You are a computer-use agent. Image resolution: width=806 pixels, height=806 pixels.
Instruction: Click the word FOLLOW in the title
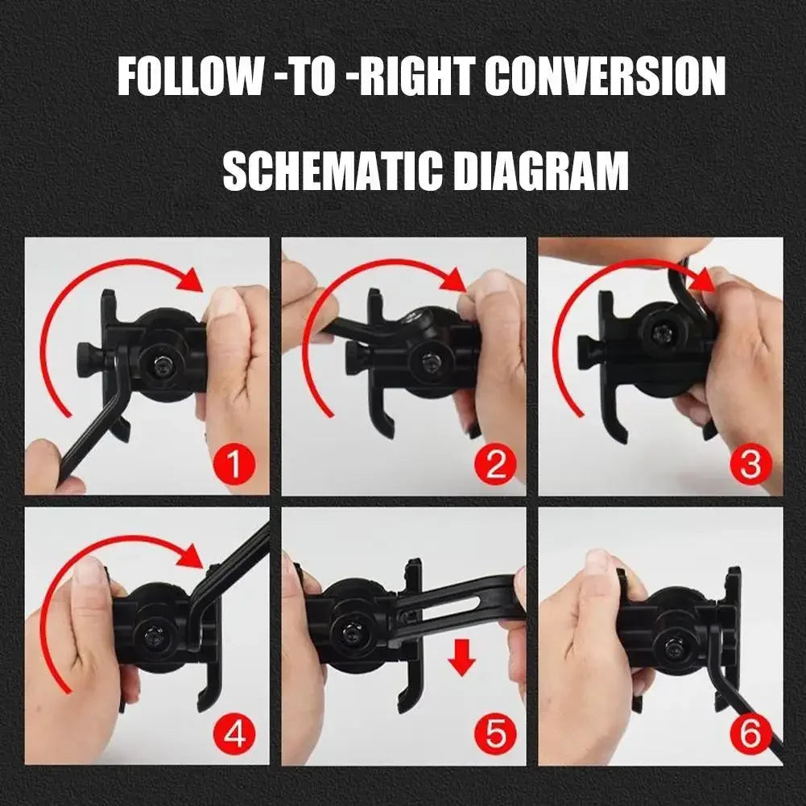click(190, 77)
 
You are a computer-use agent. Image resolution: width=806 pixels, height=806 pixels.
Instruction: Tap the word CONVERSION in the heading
click(605, 77)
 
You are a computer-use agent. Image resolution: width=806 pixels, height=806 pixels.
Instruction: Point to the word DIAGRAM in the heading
click(539, 171)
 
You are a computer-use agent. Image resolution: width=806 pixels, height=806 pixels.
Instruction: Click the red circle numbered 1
click(235, 465)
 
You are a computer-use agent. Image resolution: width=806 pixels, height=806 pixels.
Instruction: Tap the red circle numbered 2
click(494, 465)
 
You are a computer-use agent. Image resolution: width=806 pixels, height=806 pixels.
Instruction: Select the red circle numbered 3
click(749, 465)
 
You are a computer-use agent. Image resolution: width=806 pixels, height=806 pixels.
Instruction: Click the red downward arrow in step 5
click(462, 659)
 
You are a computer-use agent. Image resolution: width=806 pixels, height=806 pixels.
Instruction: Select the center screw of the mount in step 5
click(351, 631)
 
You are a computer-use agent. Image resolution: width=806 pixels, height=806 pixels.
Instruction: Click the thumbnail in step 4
click(89, 570)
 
